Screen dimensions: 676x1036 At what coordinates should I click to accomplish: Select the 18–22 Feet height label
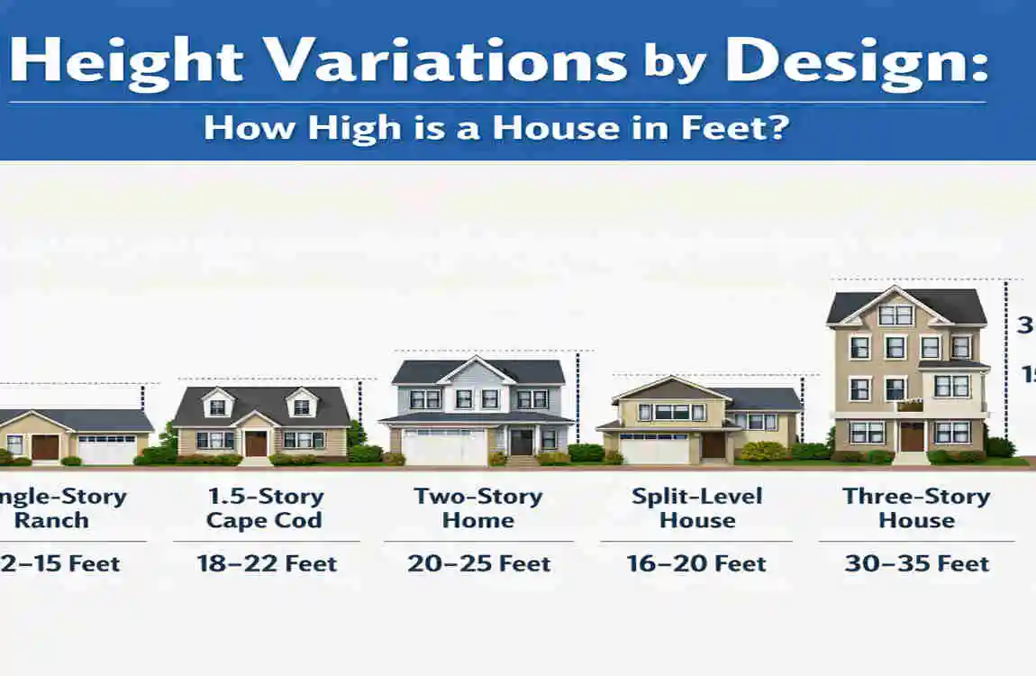[x=267, y=564]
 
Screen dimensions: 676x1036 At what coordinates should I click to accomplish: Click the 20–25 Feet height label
[x=478, y=564]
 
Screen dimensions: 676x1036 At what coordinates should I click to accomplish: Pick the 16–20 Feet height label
[x=696, y=564]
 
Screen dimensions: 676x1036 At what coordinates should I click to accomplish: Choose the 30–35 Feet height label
[x=916, y=564]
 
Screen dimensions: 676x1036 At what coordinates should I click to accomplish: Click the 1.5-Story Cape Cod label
[x=264, y=508]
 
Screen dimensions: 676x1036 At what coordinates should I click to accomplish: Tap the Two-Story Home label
[x=477, y=508]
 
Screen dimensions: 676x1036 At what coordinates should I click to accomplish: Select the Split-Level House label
[x=696, y=508]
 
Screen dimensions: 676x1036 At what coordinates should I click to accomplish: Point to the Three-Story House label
[x=916, y=508]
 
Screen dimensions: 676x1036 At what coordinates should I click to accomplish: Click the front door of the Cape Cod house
[x=256, y=443]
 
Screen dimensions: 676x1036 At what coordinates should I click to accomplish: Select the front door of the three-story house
[x=912, y=436]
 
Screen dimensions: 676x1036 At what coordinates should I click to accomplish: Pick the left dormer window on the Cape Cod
[x=217, y=407]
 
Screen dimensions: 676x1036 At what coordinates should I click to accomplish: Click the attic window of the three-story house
[x=895, y=315]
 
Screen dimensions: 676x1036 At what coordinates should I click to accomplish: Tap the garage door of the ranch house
[x=107, y=448]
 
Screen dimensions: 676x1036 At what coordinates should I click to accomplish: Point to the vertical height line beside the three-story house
[x=1005, y=361]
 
